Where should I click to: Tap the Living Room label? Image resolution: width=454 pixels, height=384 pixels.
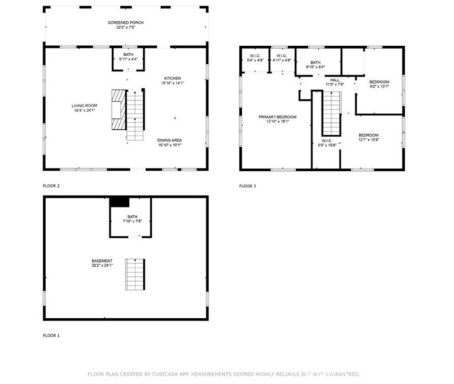84,109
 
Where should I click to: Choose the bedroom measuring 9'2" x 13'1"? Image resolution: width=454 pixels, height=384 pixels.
379,84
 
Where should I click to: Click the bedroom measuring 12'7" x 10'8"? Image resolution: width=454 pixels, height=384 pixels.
368,137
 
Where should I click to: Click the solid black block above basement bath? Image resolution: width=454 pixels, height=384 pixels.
118,202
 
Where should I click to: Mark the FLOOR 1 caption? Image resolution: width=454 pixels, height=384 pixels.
51,335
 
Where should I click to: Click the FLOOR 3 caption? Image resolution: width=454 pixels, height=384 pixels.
247,186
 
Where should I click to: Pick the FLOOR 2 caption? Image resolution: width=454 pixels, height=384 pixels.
51,186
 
